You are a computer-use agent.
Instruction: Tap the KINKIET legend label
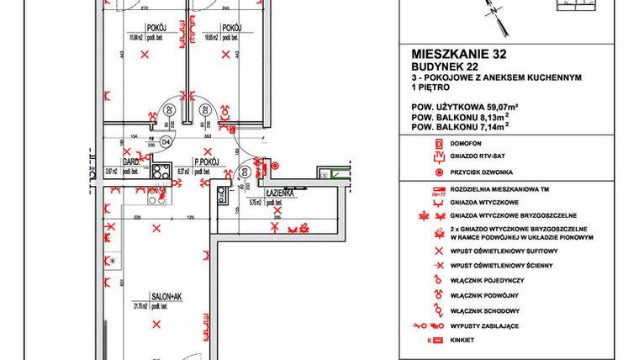coord(463,340)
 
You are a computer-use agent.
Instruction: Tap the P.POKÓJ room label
coord(207,160)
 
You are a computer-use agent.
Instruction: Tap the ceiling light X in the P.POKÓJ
coord(200,179)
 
